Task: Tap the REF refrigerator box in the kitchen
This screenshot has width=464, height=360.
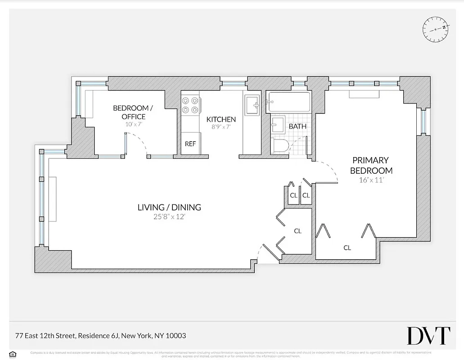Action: (190, 144)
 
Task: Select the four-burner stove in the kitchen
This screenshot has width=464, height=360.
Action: (190, 106)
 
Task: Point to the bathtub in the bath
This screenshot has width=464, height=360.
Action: (288, 103)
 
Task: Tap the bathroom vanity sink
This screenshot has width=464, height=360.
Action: (278, 125)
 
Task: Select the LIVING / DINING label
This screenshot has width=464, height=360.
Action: (169, 207)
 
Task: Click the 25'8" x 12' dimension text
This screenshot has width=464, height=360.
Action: (169, 217)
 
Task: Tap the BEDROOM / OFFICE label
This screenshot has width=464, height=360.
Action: (133, 112)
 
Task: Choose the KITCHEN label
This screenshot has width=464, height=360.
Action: (221, 119)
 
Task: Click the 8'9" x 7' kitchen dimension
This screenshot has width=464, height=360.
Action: (221, 127)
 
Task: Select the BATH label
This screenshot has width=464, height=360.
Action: (297, 126)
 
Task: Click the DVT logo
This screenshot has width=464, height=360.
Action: (428, 336)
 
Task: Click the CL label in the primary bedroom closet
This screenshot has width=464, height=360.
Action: (347, 247)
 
